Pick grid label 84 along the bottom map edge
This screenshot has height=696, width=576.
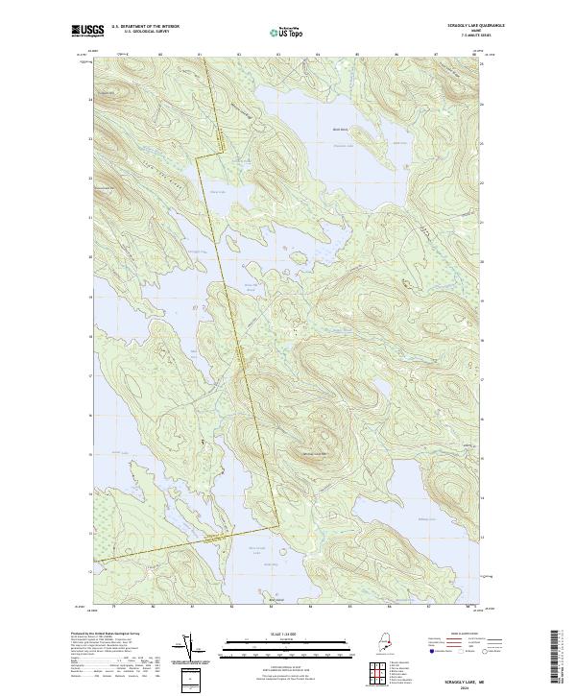310,608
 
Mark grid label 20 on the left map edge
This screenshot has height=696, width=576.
90,257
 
